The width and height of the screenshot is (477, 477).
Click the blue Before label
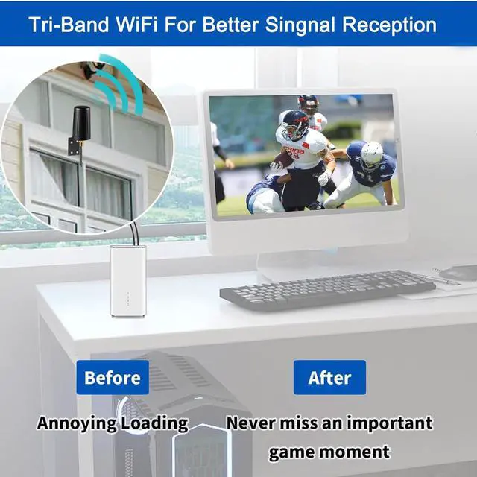pos(112,377)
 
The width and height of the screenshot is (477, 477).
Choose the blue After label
pos(329,377)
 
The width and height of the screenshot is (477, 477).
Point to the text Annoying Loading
pos(113,423)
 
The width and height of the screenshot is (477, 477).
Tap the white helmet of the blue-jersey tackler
pos(370,155)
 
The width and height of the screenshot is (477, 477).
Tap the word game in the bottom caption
pos(291,452)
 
